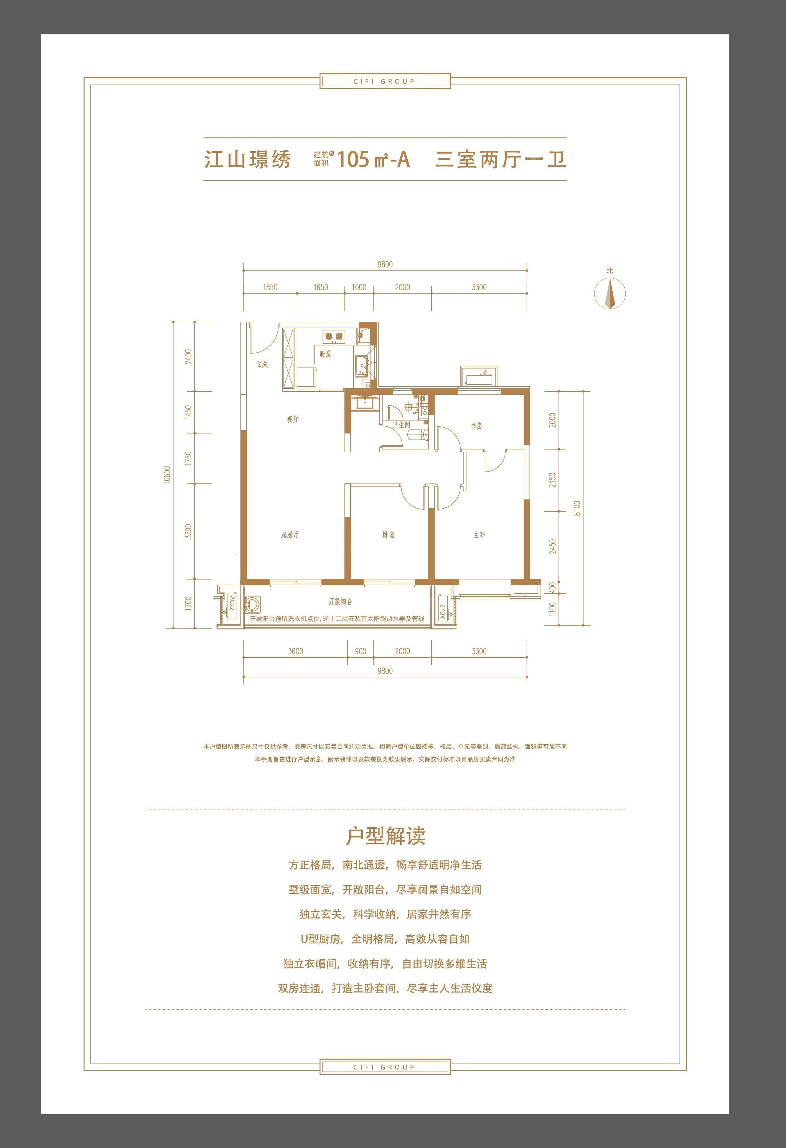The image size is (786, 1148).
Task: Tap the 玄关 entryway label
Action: coord(262,364)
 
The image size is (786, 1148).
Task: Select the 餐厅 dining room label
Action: coord(293,419)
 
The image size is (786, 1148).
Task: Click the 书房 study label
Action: coord(476,426)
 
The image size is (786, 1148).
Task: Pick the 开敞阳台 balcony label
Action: coord(341,602)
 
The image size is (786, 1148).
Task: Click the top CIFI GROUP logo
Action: coord(385,81)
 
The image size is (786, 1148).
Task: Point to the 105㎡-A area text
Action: coord(374,160)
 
